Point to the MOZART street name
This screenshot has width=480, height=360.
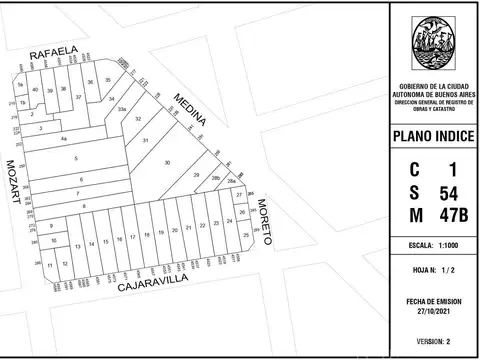click(x=13, y=181)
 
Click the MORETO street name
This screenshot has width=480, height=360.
click(x=264, y=221)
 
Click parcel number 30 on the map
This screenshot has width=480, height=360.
click(x=167, y=162)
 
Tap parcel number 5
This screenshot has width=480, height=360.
click(x=75, y=159)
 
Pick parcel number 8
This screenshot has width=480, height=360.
click(x=84, y=206)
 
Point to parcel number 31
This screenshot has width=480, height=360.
click(x=145, y=141)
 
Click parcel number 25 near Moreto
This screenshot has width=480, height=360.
click(x=246, y=235)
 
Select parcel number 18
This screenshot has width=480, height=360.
click(x=146, y=234)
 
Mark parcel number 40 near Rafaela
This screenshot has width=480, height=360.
click(x=36, y=90)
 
